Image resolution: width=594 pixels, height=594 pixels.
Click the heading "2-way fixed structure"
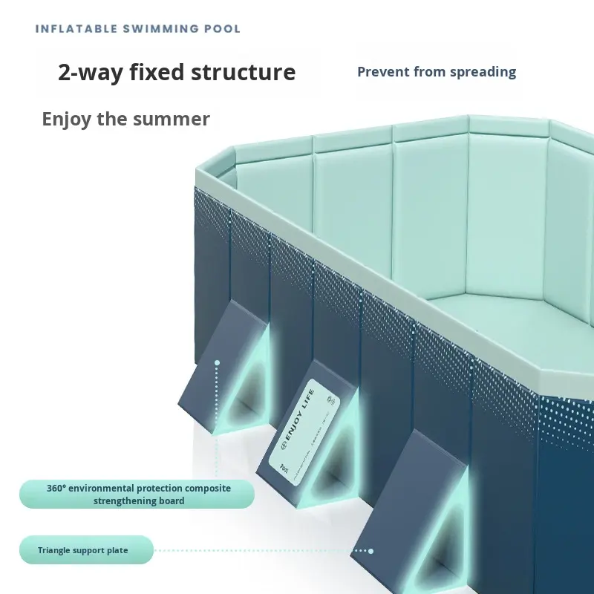(x=177, y=73)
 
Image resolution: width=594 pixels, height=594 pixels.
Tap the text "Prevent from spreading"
(x=437, y=72)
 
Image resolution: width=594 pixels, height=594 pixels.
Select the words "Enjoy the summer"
(x=125, y=119)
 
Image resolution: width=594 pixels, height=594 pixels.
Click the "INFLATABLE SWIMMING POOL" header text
(x=138, y=29)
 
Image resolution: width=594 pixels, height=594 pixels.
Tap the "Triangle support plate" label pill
(x=85, y=550)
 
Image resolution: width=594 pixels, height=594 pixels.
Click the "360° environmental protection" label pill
(x=138, y=495)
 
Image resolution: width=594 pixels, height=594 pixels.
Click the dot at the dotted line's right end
(x=371, y=551)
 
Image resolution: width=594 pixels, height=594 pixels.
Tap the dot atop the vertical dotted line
(x=217, y=363)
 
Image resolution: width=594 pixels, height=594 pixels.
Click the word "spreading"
(x=482, y=72)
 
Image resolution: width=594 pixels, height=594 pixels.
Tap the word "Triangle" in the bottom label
(x=57, y=550)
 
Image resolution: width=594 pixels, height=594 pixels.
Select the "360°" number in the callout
(x=56, y=489)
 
